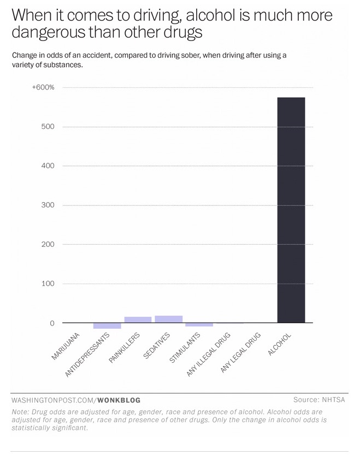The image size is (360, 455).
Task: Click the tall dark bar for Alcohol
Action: (291, 210)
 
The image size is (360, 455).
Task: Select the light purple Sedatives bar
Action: (169, 319)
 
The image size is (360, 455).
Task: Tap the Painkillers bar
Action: (138, 320)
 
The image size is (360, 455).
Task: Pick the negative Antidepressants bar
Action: (107, 326)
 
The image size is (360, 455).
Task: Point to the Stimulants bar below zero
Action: (199, 324)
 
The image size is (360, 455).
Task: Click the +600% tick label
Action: (43, 87)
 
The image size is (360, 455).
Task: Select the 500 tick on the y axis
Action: (48, 127)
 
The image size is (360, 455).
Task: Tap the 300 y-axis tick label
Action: (48, 205)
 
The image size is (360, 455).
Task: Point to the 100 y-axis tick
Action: (48, 284)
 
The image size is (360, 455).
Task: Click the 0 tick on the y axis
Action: (52, 323)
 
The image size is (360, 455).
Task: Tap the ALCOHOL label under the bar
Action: (280, 344)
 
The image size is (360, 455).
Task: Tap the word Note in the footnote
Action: (20, 412)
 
